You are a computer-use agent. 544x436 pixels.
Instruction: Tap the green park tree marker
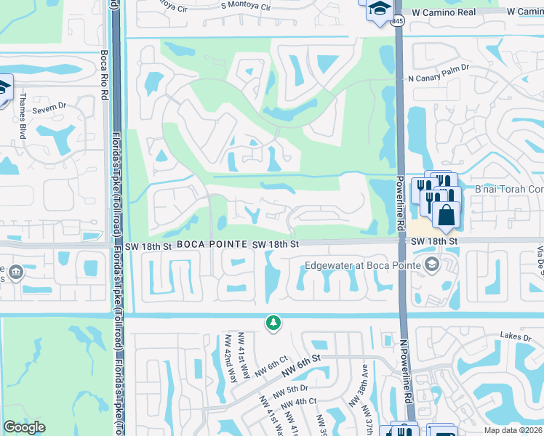click(273, 323)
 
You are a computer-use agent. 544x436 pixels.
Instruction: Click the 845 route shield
click(397, 23)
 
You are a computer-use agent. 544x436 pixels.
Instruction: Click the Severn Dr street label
click(51, 106)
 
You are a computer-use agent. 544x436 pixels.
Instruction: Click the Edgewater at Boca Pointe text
click(363, 265)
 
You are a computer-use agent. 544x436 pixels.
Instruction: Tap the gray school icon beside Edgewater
click(432, 264)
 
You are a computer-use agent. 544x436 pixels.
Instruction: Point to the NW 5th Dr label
click(292, 388)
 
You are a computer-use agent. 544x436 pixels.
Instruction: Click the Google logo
click(25, 427)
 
